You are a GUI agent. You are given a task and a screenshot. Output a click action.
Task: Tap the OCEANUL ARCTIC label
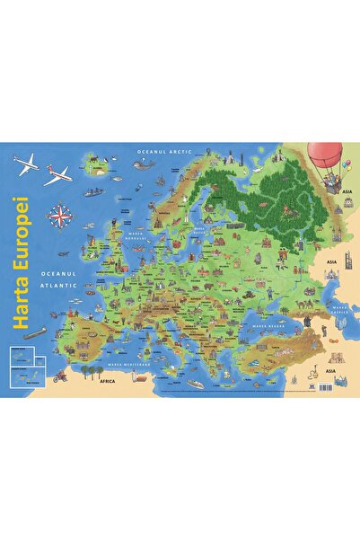(x=161, y=154)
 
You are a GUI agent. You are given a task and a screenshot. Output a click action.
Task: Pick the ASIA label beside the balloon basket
(x=340, y=202)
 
